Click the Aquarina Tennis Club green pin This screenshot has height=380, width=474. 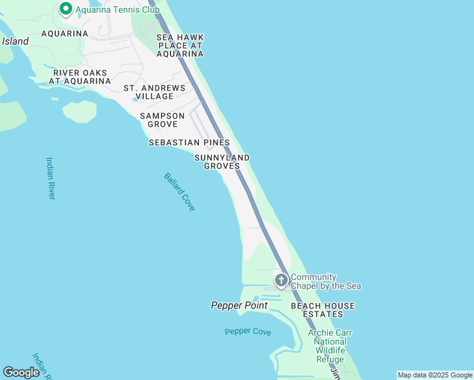[x=65, y=9]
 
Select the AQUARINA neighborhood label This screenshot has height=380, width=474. [x=65, y=34]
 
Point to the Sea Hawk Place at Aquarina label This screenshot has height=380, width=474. [x=180, y=46]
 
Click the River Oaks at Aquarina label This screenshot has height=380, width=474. [x=80, y=77]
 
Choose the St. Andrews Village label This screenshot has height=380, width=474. [x=154, y=92]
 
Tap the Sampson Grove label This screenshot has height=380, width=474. [x=162, y=120]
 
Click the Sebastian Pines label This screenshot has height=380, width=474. [x=189, y=143]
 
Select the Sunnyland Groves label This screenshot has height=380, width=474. [x=222, y=161]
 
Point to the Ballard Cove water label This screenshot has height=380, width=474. [x=179, y=192]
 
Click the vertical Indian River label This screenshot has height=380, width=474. [x=51, y=178]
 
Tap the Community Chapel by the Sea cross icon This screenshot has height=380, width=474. [x=281, y=280]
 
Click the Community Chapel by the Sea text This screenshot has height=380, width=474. [x=326, y=282]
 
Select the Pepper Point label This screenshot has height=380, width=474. [x=239, y=306]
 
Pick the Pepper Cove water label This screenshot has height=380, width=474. [x=248, y=332]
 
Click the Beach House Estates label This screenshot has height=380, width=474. [x=323, y=310]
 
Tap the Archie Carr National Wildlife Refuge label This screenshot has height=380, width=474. [x=330, y=346]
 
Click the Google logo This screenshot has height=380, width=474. [x=21, y=372]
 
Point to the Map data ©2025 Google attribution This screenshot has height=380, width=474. [x=435, y=375]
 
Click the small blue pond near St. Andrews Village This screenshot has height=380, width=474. [x=135, y=99]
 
